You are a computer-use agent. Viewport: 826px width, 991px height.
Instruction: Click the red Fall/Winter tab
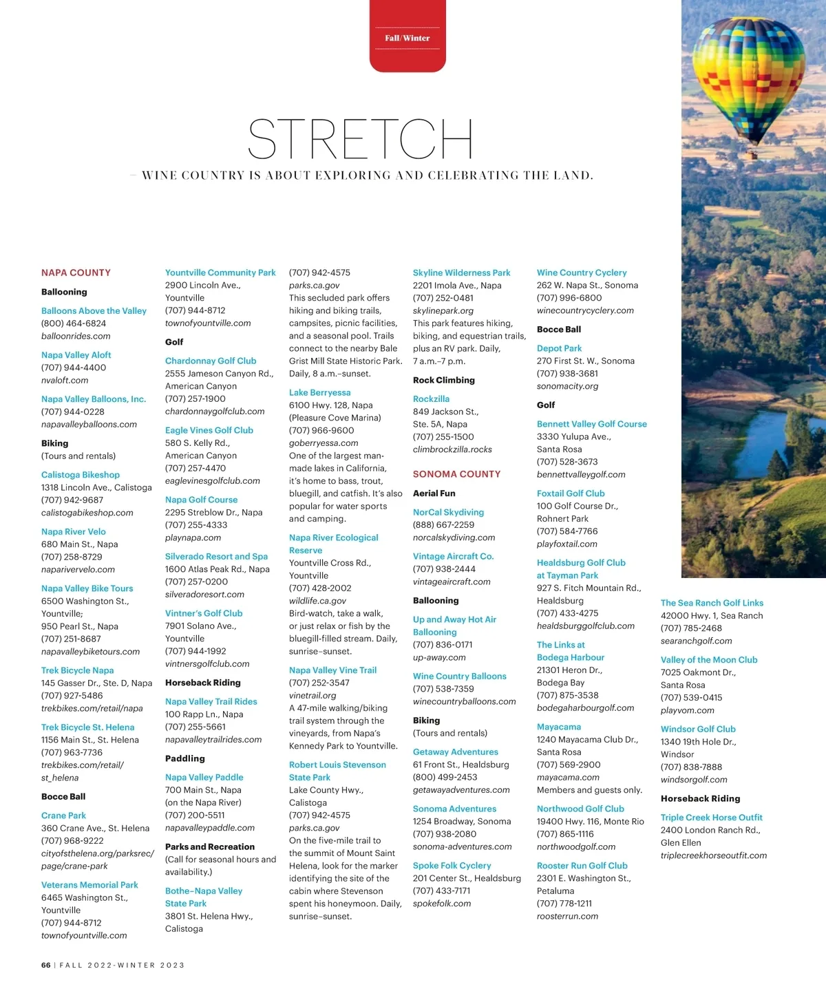(x=407, y=38)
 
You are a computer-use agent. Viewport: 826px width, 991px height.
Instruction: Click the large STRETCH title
(x=360, y=139)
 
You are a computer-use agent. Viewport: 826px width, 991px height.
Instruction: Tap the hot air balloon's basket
(x=753, y=156)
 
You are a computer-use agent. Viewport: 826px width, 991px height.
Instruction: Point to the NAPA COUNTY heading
(x=76, y=273)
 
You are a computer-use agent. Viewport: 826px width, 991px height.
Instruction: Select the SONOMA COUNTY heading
(x=456, y=474)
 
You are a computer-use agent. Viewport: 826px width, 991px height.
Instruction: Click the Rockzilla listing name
(x=431, y=399)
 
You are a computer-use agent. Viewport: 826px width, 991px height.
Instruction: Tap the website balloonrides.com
(x=76, y=337)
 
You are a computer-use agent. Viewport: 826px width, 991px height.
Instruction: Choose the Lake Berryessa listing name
(x=319, y=393)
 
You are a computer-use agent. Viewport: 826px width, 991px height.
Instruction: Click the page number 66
(x=46, y=966)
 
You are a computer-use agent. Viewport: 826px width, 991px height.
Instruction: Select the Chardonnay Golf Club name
(x=211, y=361)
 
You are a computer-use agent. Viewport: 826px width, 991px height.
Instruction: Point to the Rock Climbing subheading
(x=443, y=380)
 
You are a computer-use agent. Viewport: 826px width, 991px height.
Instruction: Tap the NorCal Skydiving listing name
(x=448, y=512)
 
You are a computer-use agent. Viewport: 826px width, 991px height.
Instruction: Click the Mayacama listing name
(x=559, y=727)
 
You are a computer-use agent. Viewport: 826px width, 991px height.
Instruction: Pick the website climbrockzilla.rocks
(x=452, y=449)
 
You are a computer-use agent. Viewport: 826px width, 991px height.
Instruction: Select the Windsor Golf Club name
(x=698, y=729)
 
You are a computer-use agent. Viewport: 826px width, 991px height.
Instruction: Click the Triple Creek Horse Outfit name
(x=711, y=818)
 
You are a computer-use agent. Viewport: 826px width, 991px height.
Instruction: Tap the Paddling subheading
(x=185, y=758)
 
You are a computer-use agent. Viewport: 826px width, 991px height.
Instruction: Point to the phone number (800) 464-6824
(x=74, y=323)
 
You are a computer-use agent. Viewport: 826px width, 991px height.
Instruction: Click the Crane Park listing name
(x=63, y=816)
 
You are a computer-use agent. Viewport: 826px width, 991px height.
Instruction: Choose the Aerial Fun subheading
(x=434, y=493)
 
